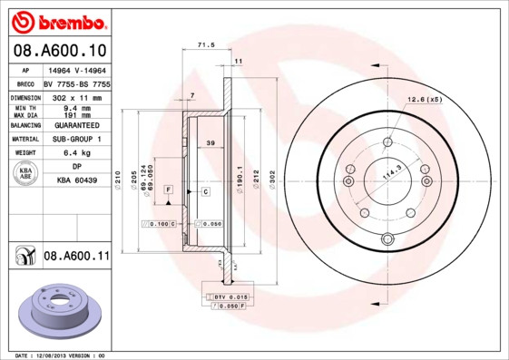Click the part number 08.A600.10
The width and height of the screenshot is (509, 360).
pos(61,50)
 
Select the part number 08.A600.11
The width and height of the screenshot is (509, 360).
pos(76,257)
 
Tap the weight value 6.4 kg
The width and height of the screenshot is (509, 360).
pos(77,153)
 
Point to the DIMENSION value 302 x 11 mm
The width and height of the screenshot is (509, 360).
pos(76,96)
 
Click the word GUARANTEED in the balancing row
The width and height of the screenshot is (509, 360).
pos(77,124)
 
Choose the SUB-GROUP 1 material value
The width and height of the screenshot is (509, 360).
pos(77,139)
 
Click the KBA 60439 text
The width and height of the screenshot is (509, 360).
pos(77,181)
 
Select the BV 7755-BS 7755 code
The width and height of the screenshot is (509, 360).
pos(77,83)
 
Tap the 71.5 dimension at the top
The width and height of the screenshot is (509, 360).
pos(205,44)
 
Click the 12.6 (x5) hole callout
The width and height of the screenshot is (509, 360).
pos(424,98)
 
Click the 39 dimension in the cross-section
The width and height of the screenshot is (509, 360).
pos(210,144)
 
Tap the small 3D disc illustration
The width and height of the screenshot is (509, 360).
pos(61,312)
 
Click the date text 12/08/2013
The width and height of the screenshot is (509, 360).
pos(56,355)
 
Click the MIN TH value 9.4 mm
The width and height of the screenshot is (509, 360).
pos(77,108)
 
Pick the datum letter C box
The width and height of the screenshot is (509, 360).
pos(206,191)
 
